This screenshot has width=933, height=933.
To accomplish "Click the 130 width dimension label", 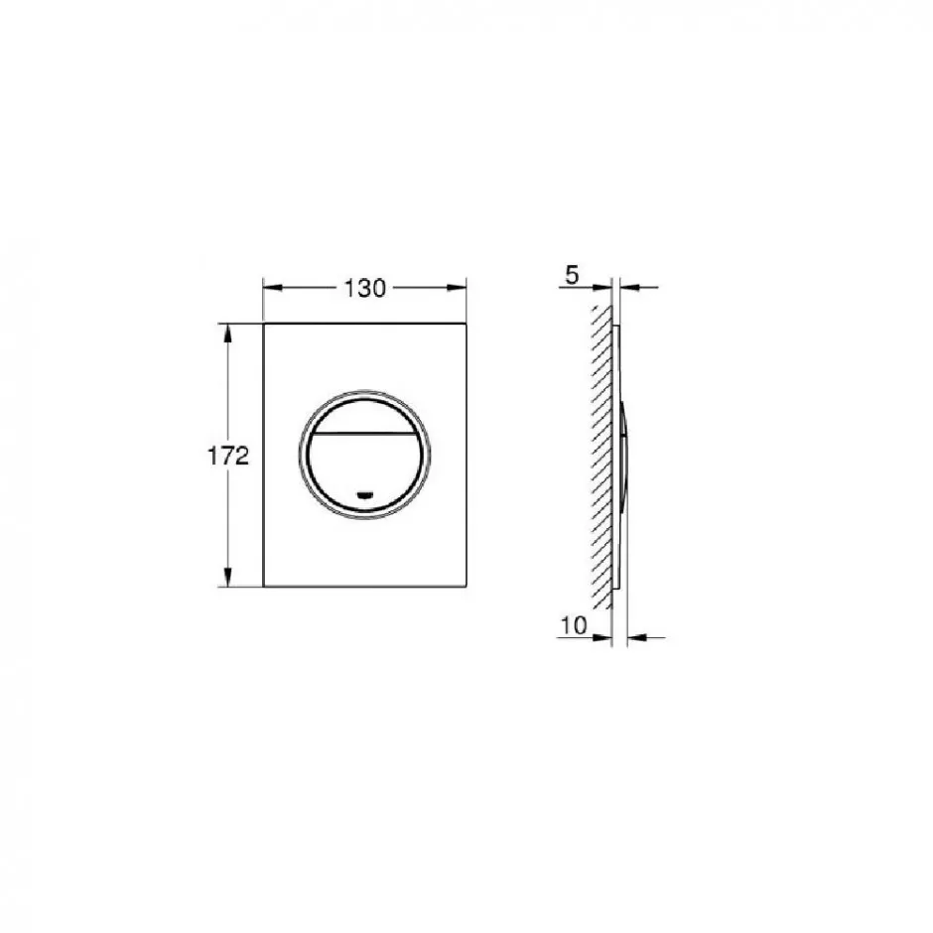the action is point(364,289).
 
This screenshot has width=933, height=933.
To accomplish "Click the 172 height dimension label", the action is point(228,457).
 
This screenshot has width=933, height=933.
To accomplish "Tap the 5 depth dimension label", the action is point(572,276).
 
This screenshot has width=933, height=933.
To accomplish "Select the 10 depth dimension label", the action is point(574,625).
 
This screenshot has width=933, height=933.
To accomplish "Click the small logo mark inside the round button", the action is point(364,494).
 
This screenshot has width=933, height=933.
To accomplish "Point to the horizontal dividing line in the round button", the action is point(364,433).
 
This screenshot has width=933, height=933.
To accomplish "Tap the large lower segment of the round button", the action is point(364,470).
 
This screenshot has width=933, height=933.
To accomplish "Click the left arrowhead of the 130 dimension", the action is point(272,288).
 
